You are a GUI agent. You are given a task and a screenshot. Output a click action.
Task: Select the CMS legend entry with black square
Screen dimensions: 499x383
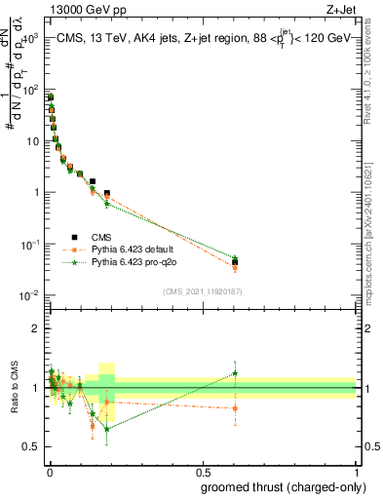[x=88, y=237]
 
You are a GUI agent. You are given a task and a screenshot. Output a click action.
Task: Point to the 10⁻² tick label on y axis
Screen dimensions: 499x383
[x=29, y=294]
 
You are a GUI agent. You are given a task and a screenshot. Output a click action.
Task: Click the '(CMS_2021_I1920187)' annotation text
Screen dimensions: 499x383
[x=202, y=289]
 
